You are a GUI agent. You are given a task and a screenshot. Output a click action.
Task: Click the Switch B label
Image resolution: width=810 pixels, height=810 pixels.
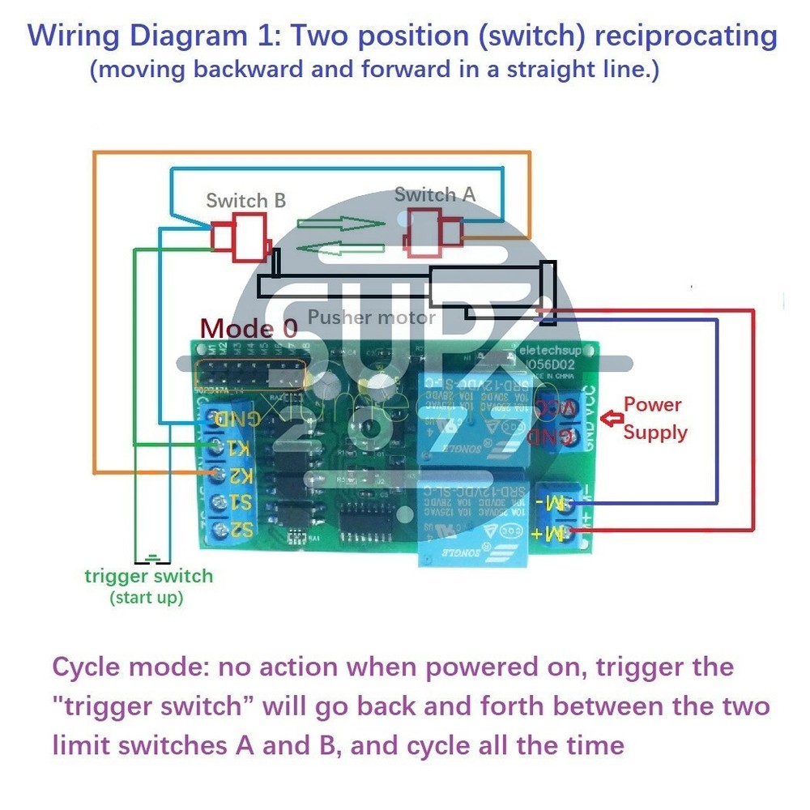pos(245,200)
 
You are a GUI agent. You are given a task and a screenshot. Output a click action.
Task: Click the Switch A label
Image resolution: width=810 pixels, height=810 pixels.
pos(435,194)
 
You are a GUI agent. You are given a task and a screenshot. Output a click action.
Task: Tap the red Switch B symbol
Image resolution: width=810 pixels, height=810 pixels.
pos(240,237)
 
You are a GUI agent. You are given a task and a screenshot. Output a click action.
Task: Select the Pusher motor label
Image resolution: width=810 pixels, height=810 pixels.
pos(372,318)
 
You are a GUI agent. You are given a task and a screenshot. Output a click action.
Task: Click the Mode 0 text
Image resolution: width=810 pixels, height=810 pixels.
pos(249,328)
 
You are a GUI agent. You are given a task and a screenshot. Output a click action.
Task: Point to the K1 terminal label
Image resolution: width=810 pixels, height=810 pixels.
pos(240,446)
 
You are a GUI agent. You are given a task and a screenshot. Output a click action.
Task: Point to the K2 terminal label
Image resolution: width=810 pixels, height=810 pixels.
pos(240,474)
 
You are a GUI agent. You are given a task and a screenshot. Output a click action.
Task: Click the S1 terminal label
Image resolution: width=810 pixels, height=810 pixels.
pos(240,503)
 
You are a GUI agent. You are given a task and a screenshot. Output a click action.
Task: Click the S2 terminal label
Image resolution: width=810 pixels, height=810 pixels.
pos(240,531)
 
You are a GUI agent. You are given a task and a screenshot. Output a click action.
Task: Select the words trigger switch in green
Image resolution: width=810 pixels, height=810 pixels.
pos(148,577)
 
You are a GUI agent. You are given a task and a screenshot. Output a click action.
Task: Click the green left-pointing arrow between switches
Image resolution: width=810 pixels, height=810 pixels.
pos(339,247)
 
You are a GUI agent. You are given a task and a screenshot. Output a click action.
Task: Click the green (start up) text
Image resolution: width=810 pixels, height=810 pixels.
pos(147,599)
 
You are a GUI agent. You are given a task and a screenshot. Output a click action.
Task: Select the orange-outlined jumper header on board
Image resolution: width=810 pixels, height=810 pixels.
pos(251,375)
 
